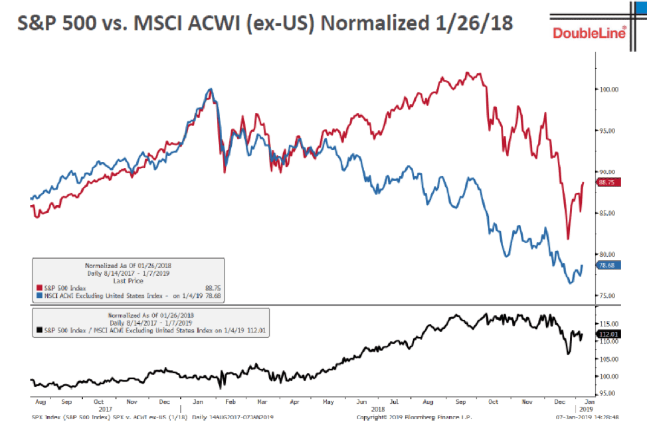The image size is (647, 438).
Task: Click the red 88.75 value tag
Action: (610, 183)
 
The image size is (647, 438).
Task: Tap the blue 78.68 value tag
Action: (610, 265)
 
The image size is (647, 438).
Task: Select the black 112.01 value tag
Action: (610, 334)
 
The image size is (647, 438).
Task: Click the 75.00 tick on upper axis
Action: (609, 295)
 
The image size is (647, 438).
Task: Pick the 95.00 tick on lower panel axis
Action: (609, 393)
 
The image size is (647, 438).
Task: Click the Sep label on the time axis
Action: (66, 402)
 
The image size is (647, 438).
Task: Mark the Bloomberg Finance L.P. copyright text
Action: (399, 417)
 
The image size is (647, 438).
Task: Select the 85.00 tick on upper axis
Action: (609, 213)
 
